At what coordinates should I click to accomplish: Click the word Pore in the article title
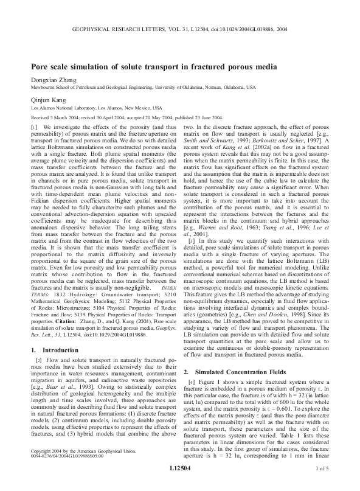point(41,66)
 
